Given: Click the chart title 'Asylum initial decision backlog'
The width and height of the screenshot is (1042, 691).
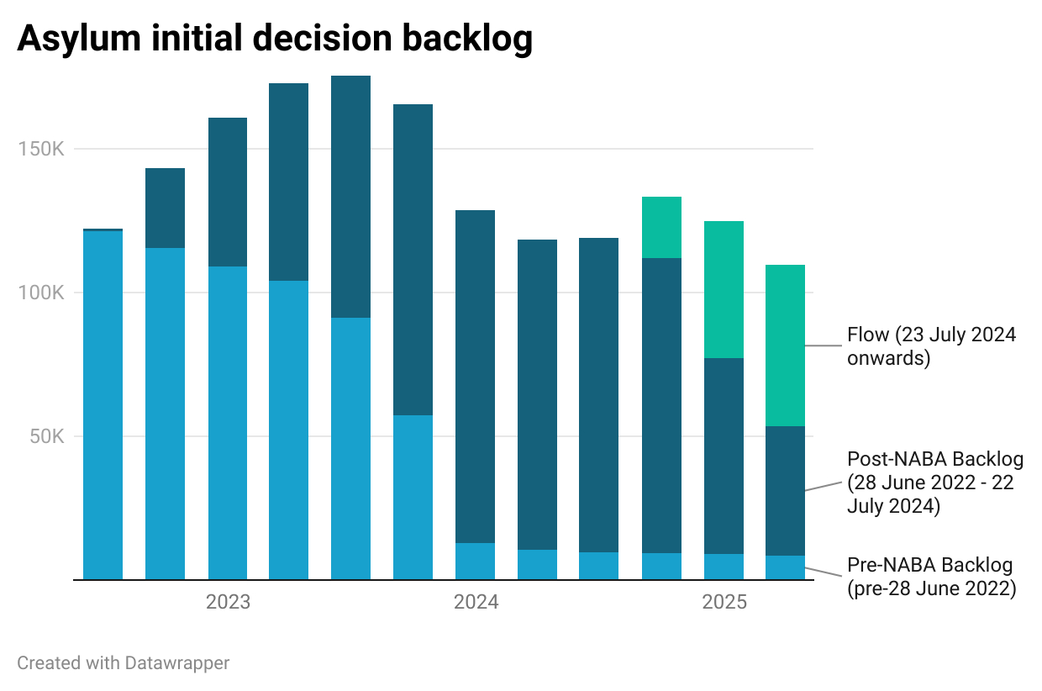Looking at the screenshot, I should click(x=275, y=40).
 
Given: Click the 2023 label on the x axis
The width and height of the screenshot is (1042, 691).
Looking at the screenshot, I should click(x=228, y=603).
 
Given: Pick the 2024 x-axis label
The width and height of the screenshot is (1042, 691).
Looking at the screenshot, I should click(x=476, y=603).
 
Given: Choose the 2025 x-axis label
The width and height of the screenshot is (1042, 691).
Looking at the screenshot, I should click(x=724, y=603).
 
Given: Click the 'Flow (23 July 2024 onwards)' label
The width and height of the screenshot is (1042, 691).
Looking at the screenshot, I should click(x=931, y=346).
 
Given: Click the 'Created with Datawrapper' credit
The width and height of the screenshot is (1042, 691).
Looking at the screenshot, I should click(x=124, y=662).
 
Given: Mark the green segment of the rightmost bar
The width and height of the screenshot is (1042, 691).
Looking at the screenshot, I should click(x=785, y=345).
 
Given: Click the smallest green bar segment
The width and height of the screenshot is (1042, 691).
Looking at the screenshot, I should click(x=661, y=227).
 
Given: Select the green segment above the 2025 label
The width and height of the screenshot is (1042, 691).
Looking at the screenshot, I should click(x=724, y=289).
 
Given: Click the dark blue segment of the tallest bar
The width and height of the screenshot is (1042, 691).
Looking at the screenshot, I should click(x=350, y=197).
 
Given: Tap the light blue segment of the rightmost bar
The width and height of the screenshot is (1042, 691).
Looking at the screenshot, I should click(x=785, y=567).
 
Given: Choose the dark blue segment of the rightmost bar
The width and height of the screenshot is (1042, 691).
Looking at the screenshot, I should click(x=785, y=491).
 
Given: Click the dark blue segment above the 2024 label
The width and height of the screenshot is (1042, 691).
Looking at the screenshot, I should click(x=476, y=377).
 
